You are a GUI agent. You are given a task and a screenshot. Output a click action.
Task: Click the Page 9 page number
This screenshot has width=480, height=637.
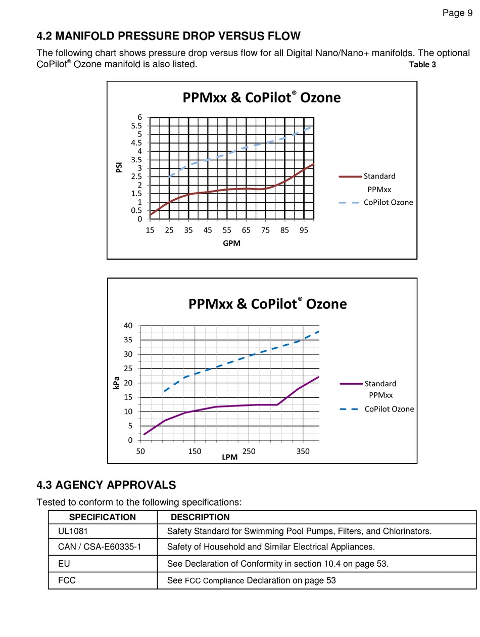tap(457, 13)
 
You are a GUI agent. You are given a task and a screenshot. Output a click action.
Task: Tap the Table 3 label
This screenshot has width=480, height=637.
tap(422, 64)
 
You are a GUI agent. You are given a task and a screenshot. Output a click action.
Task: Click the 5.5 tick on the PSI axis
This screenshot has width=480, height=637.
tap(136, 126)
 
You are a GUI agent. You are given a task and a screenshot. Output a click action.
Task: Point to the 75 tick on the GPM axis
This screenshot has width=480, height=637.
tap(265, 230)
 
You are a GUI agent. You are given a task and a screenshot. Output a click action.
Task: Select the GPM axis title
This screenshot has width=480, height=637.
tap(231, 243)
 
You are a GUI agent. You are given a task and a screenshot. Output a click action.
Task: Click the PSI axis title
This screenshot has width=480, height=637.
tap(119, 167)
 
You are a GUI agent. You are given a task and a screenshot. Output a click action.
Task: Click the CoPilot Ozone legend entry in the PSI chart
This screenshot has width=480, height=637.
tap(376, 202)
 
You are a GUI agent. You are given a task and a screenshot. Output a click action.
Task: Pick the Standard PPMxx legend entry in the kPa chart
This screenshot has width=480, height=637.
tap(368, 389)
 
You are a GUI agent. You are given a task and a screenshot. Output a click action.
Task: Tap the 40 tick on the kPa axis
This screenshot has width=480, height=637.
tap(128, 326)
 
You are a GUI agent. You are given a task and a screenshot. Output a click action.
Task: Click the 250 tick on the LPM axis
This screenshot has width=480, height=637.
tap(249, 451)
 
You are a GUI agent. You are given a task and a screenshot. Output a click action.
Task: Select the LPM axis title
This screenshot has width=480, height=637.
tap(230, 457)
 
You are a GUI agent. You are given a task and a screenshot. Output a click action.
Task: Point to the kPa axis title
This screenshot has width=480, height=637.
tap(116, 383)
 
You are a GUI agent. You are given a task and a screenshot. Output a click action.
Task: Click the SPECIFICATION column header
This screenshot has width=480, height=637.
tap(103, 517)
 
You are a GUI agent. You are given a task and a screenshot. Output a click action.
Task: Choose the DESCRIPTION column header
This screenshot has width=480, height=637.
tap(200, 517)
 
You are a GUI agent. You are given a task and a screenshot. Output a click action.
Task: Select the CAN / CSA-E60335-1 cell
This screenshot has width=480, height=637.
tap(100, 547)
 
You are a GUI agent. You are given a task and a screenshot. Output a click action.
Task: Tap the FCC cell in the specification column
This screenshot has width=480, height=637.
tap(67, 580)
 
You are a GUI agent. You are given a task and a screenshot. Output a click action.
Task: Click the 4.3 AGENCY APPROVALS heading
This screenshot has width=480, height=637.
tap(106, 485)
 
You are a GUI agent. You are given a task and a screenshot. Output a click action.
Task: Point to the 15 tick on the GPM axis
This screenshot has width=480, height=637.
tap(150, 230)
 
